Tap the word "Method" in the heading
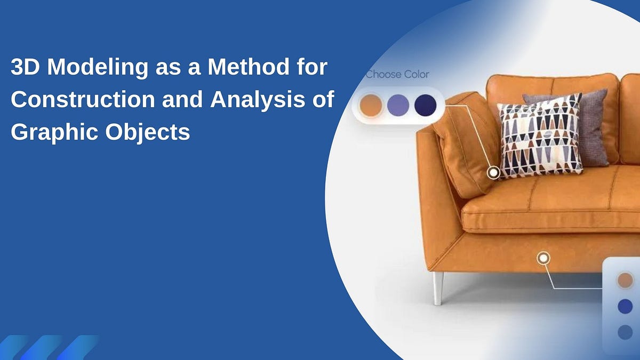point(247,69)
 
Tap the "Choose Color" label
point(397,74)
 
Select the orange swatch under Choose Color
point(371,105)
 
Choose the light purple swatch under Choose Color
point(398,105)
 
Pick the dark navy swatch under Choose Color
point(425,105)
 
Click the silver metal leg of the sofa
point(438,288)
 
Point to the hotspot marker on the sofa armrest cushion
point(494,172)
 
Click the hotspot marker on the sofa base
point(543,258)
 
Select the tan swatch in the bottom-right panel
point(625,280)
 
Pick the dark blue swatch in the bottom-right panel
point(625,306)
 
